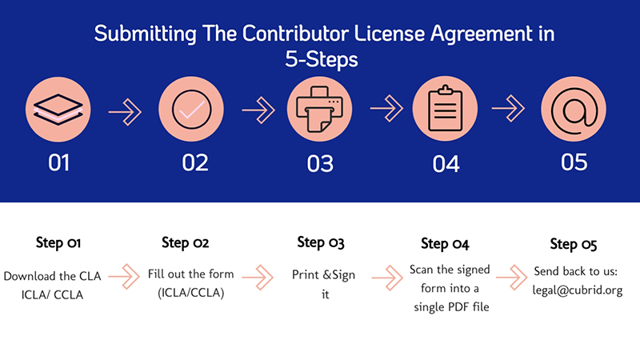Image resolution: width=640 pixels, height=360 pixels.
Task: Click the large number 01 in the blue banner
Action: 58,162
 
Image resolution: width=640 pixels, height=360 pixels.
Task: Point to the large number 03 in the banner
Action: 320,162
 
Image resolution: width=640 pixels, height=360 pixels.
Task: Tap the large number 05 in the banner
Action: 574,162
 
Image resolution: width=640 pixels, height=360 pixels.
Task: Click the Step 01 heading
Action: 58,242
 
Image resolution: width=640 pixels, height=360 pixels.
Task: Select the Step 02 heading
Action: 186,242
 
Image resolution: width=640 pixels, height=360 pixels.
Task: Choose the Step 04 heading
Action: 445,243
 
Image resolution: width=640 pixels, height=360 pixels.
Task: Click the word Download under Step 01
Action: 33,276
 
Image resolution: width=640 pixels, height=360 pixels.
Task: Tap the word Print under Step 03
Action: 305,276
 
